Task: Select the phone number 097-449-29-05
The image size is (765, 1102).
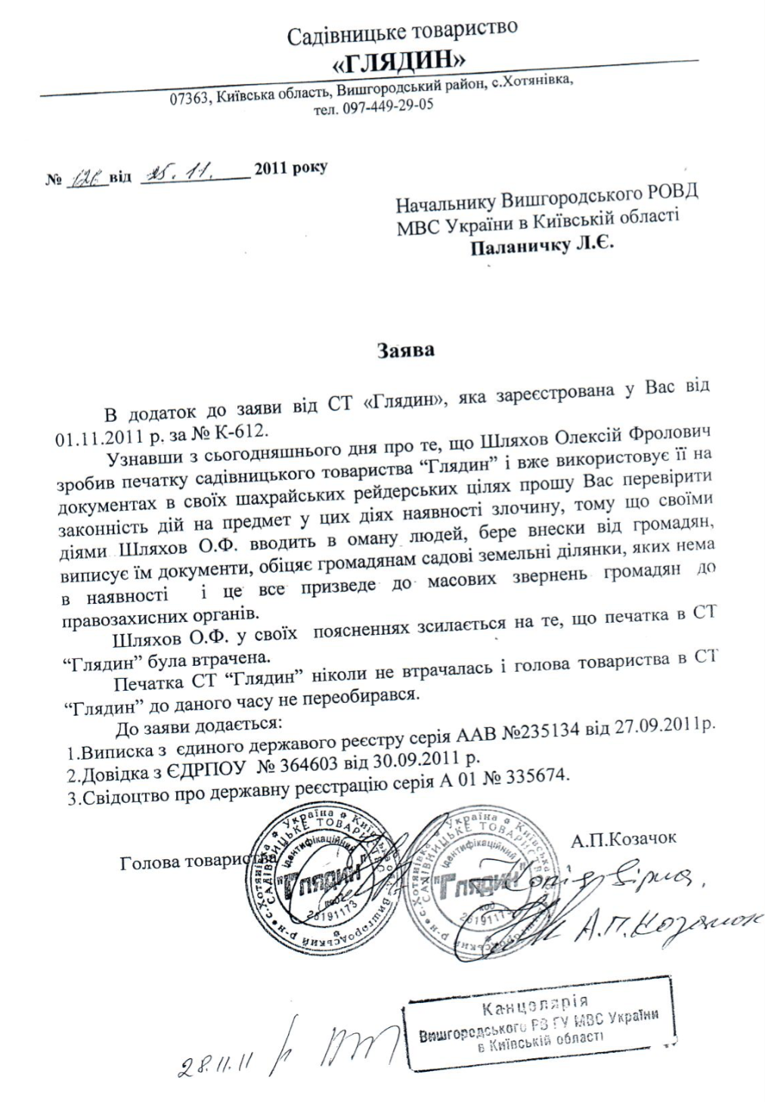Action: coord(388,106)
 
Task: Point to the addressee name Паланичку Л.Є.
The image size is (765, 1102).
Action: coord(542,244)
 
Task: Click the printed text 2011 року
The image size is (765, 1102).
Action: coord(291,168)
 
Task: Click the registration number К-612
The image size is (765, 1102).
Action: coord(243,432)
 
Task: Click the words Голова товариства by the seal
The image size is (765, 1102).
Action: coord(194,862)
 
